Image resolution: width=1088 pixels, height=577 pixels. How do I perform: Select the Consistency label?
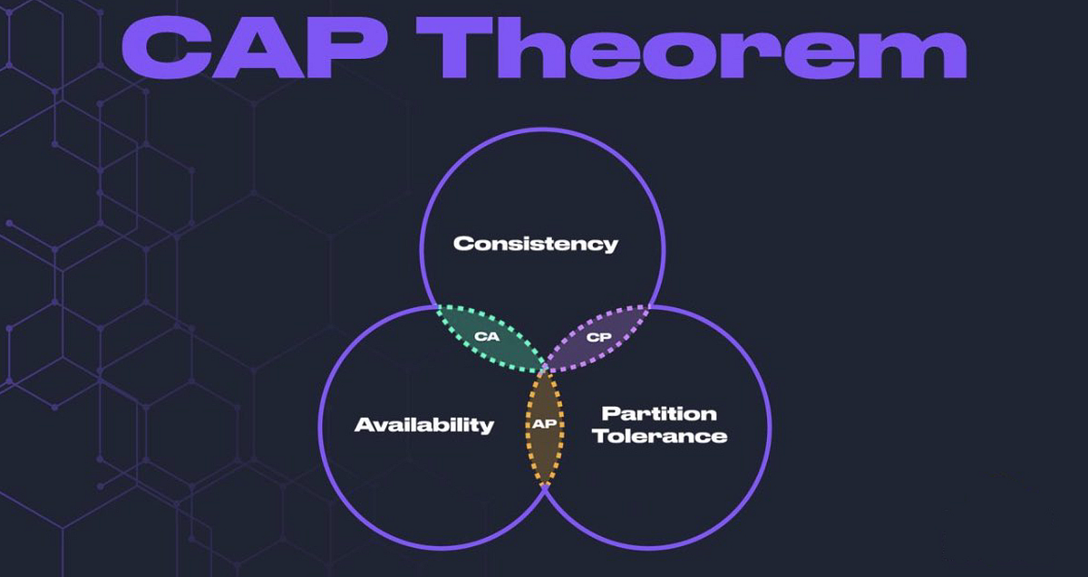point(535,244)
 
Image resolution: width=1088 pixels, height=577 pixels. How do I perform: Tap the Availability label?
point(423,425)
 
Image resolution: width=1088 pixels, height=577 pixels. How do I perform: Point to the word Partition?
point(658,414)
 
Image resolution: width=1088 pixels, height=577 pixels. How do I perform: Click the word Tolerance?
point(665,437)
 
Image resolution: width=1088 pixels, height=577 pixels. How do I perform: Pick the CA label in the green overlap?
point(486,337)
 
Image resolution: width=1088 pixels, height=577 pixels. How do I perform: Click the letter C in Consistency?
point(461,244)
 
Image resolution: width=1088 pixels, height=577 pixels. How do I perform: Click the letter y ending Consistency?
point(611,246)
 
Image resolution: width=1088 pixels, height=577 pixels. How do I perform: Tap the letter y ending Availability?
point(488,428)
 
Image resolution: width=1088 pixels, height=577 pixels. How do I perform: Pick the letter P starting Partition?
point(609,414)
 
